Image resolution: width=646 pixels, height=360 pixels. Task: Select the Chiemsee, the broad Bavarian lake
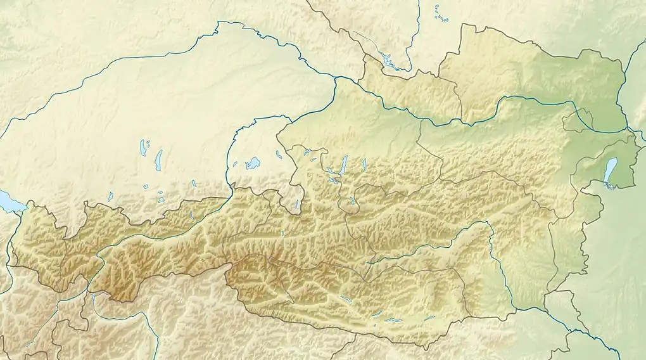click(253, 163)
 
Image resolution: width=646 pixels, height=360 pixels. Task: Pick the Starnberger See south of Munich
click(158, 159)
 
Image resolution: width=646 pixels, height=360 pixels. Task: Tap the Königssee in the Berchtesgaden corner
click(297, 205)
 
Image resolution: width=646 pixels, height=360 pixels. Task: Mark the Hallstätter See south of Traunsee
click(352, 201)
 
